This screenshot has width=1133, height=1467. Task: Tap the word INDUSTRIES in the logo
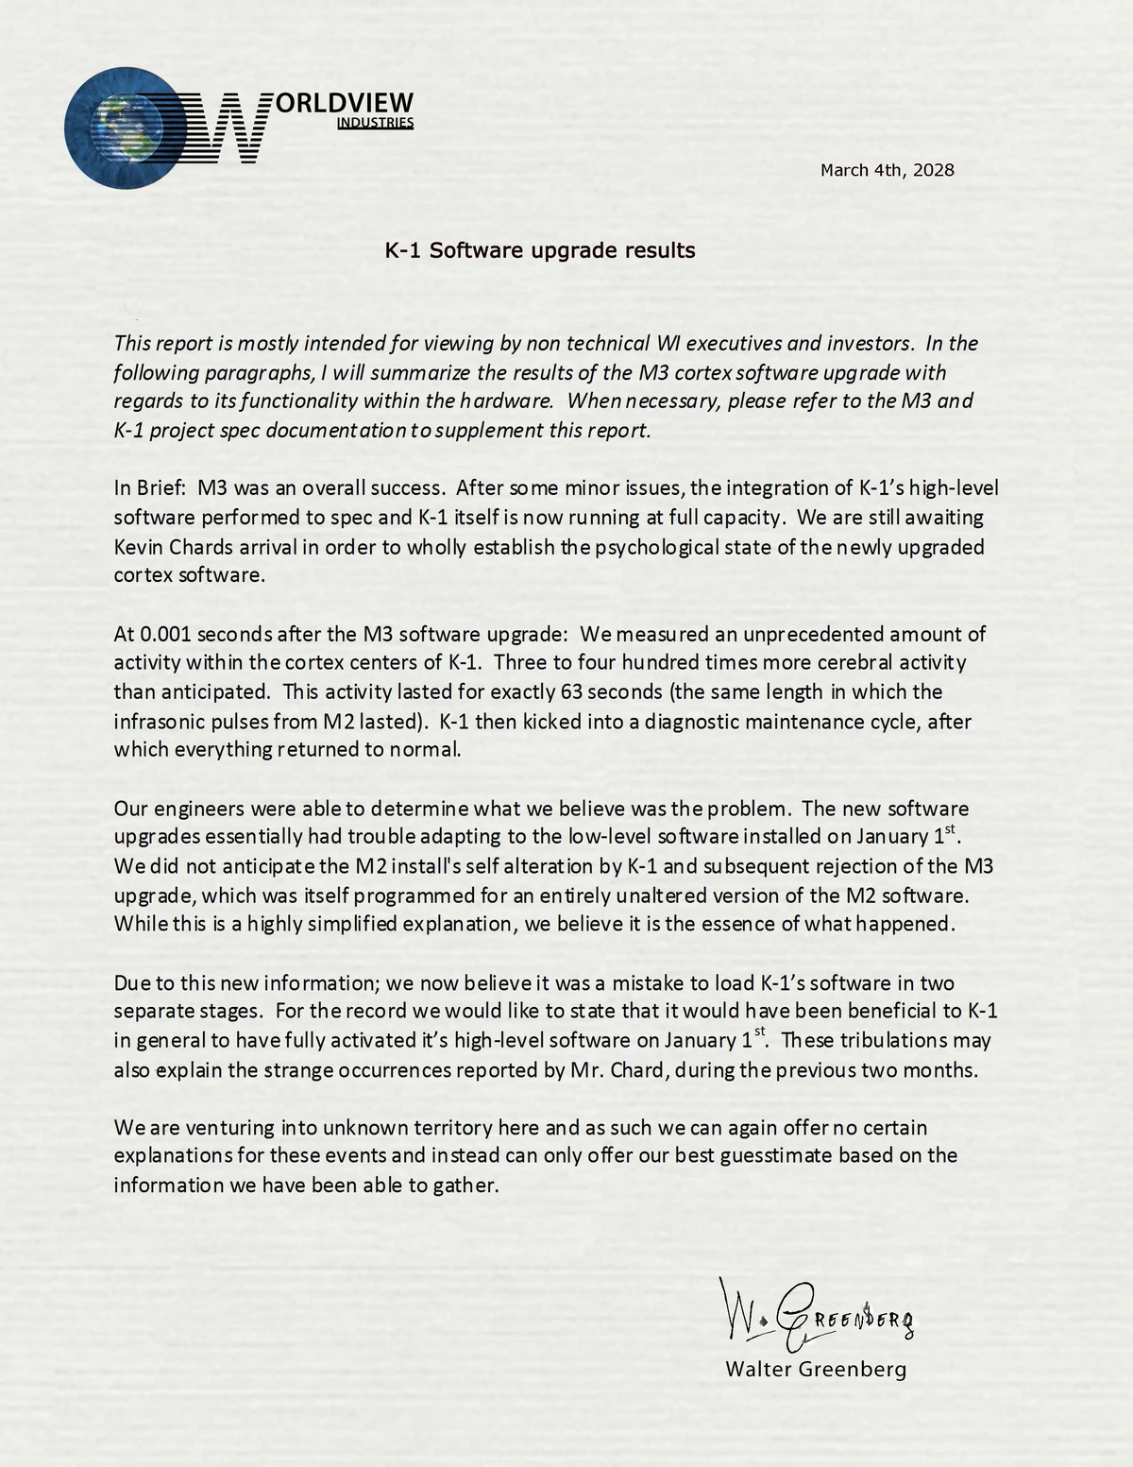375,123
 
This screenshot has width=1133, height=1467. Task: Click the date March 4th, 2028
887,170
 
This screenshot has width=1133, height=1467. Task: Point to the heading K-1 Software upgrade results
539,250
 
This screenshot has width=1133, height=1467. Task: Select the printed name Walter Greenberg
815,1369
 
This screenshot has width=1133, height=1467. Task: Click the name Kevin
139,547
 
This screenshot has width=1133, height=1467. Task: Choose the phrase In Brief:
151,488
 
